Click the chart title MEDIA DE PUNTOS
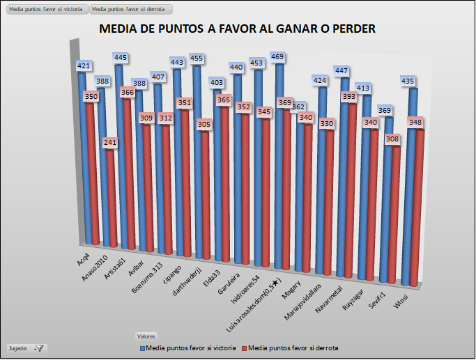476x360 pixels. (x=238, y=29)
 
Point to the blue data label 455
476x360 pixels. (x=197, y=58)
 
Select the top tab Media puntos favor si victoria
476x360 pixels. (x=46, y=10)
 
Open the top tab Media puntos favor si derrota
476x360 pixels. (x=130, y=10)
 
